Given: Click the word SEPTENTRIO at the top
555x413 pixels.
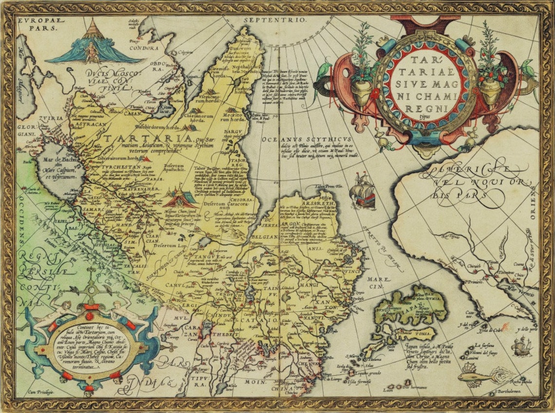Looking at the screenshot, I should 276,20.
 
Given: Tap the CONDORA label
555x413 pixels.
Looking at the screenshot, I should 144,48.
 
